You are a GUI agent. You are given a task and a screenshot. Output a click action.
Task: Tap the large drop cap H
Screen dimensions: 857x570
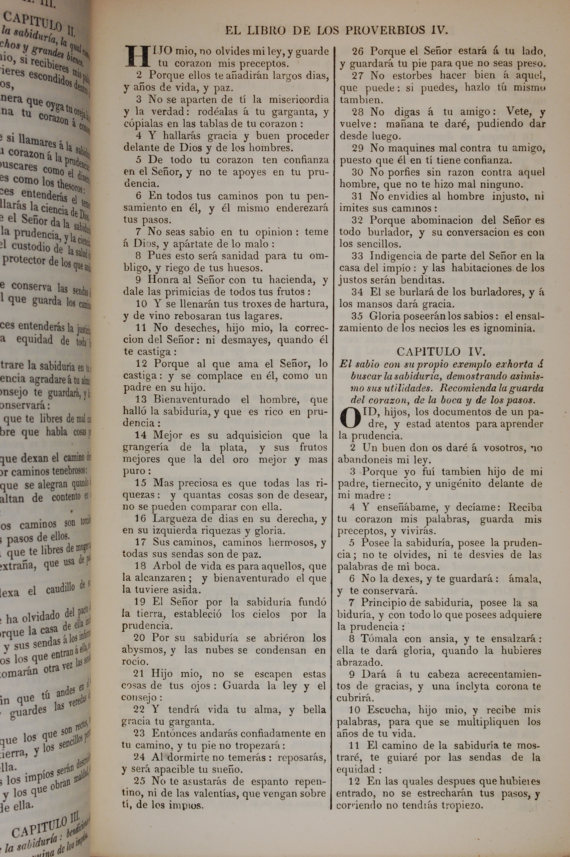tap(137, 57)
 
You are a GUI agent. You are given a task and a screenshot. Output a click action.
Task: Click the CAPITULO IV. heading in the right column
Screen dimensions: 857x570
tap(440, 351)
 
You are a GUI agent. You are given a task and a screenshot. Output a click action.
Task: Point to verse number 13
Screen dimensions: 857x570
tap(141, 400)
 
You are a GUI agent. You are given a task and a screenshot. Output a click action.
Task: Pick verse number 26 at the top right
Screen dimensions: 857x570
tap(358, 52)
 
